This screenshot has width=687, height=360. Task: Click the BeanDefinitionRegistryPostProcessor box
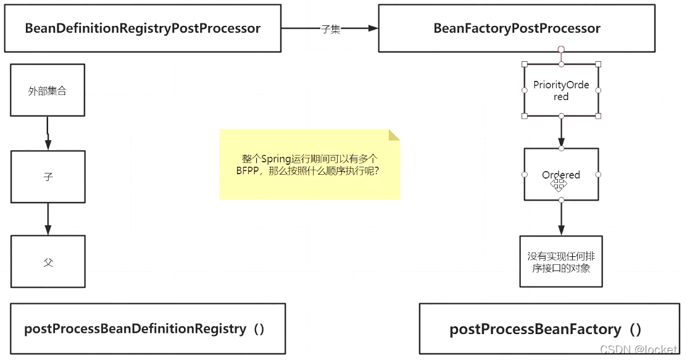[x=142, y=28]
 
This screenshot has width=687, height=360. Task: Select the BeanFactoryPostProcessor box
[x=516, y=28]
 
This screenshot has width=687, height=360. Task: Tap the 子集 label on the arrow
[x=331, y=29]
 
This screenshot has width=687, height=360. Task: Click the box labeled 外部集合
[x=48, y=91]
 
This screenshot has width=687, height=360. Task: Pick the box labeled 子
[x=48, y=177]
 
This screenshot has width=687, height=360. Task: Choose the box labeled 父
[x=48, y=262]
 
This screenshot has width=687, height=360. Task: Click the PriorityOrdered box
[x=561, y=91]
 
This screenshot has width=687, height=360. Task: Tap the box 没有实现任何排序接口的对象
[x=560, y=261]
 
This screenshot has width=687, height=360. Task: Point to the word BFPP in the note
[x=248, y=171]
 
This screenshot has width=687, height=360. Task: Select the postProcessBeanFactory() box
[x=546, y=329]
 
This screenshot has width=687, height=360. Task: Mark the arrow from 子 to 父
[x=48, y=219]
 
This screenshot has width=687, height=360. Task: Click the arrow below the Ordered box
[x=561, y=218]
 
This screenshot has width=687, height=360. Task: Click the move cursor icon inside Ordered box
[x=558, y=183]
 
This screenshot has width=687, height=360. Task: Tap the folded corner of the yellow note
[x=394, y=135]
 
